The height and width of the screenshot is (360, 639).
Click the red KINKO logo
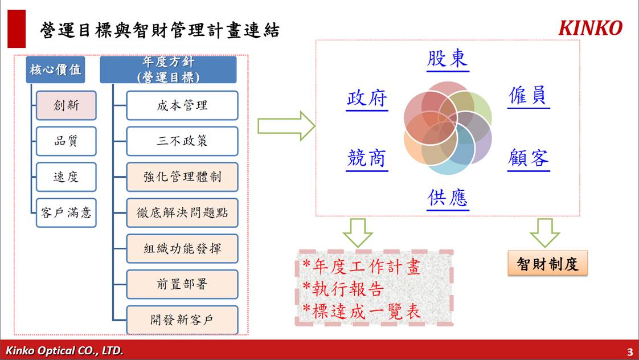(590, 28)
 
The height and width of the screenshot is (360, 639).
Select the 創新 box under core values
(66, 105)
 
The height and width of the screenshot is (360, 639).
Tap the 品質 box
(66, 141)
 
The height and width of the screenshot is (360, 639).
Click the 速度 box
(66, 177)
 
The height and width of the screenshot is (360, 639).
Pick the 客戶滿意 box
(66, 212)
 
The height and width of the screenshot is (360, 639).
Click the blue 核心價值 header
(55, 69)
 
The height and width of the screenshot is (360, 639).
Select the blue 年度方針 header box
(169, 69)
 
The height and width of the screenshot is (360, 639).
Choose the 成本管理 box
(182, 105)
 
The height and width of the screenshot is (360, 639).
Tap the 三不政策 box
(182, 141)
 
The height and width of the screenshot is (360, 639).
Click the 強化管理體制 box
(182, 177)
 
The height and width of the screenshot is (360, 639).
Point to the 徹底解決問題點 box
(182, 212)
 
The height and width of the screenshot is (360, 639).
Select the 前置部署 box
(182, 284)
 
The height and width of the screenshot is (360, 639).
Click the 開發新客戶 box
(182, 320)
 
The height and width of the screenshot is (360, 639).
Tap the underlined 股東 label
(448, 60)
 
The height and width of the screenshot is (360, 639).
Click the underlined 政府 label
(367, 99)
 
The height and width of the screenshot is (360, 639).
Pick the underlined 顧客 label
(529, 159)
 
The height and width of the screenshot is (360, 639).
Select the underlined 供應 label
(448, 199)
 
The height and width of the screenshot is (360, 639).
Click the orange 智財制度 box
(547, 263)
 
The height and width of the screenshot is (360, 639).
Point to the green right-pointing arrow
(286, 126)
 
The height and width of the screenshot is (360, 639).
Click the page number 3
(630, 351)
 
